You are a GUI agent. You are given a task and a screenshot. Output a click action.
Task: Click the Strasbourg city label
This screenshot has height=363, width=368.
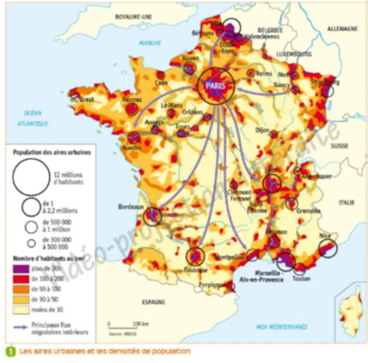click(321, 80)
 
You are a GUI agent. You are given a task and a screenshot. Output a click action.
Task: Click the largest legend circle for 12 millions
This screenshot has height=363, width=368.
click(28, 179)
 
